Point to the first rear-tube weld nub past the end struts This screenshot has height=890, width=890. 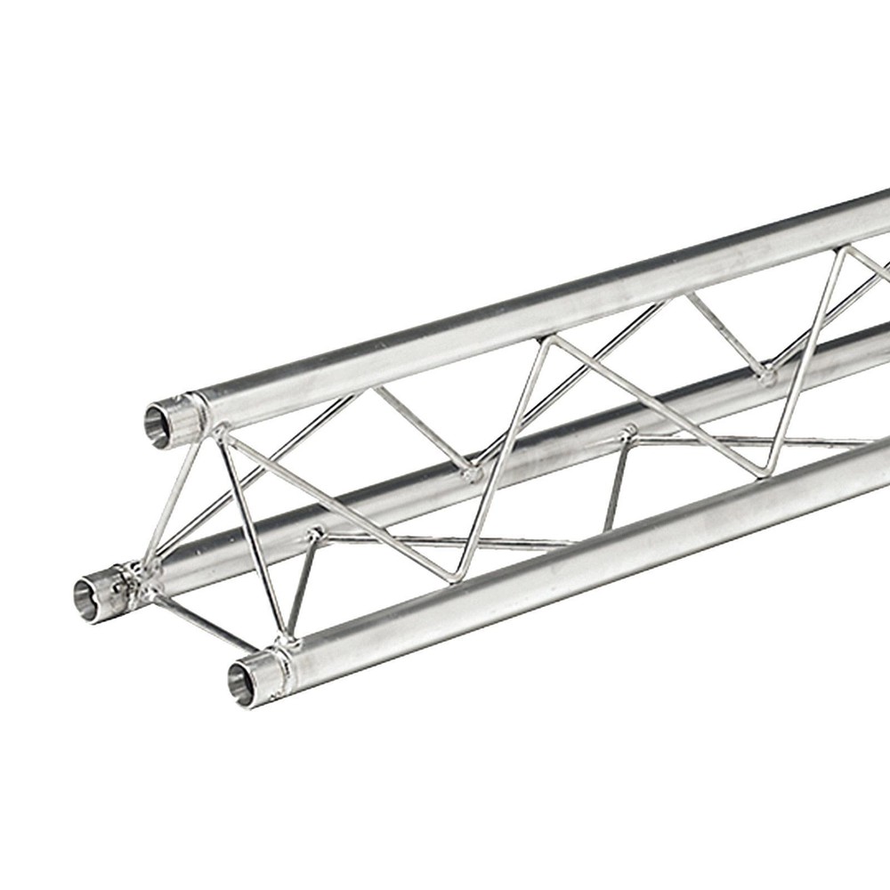click(313, 534)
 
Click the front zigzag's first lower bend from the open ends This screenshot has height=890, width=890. click(457, 574)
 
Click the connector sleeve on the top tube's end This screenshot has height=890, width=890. click(182, 417)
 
